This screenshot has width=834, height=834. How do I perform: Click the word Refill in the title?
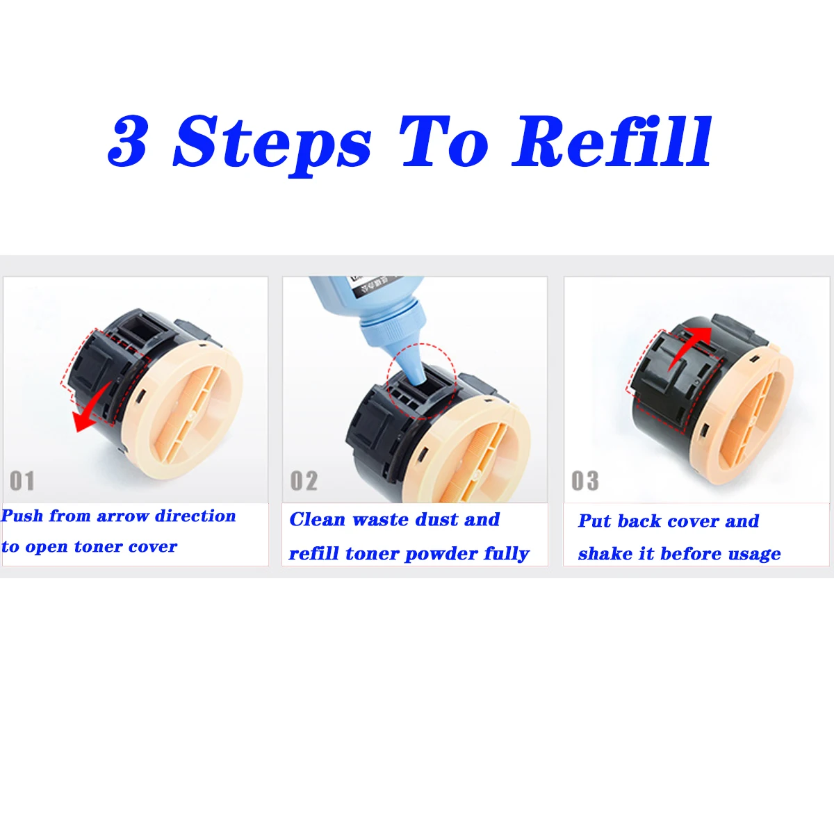point(612,142)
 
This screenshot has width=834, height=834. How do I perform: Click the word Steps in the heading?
point(272,146)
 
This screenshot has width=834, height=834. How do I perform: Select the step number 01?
point(22,481)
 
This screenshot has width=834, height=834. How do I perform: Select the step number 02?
point(304,481)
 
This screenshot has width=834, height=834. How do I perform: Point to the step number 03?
point(585,481)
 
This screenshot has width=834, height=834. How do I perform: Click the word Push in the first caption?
point(22,516)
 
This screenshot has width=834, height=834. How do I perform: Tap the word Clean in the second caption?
point(317,519)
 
